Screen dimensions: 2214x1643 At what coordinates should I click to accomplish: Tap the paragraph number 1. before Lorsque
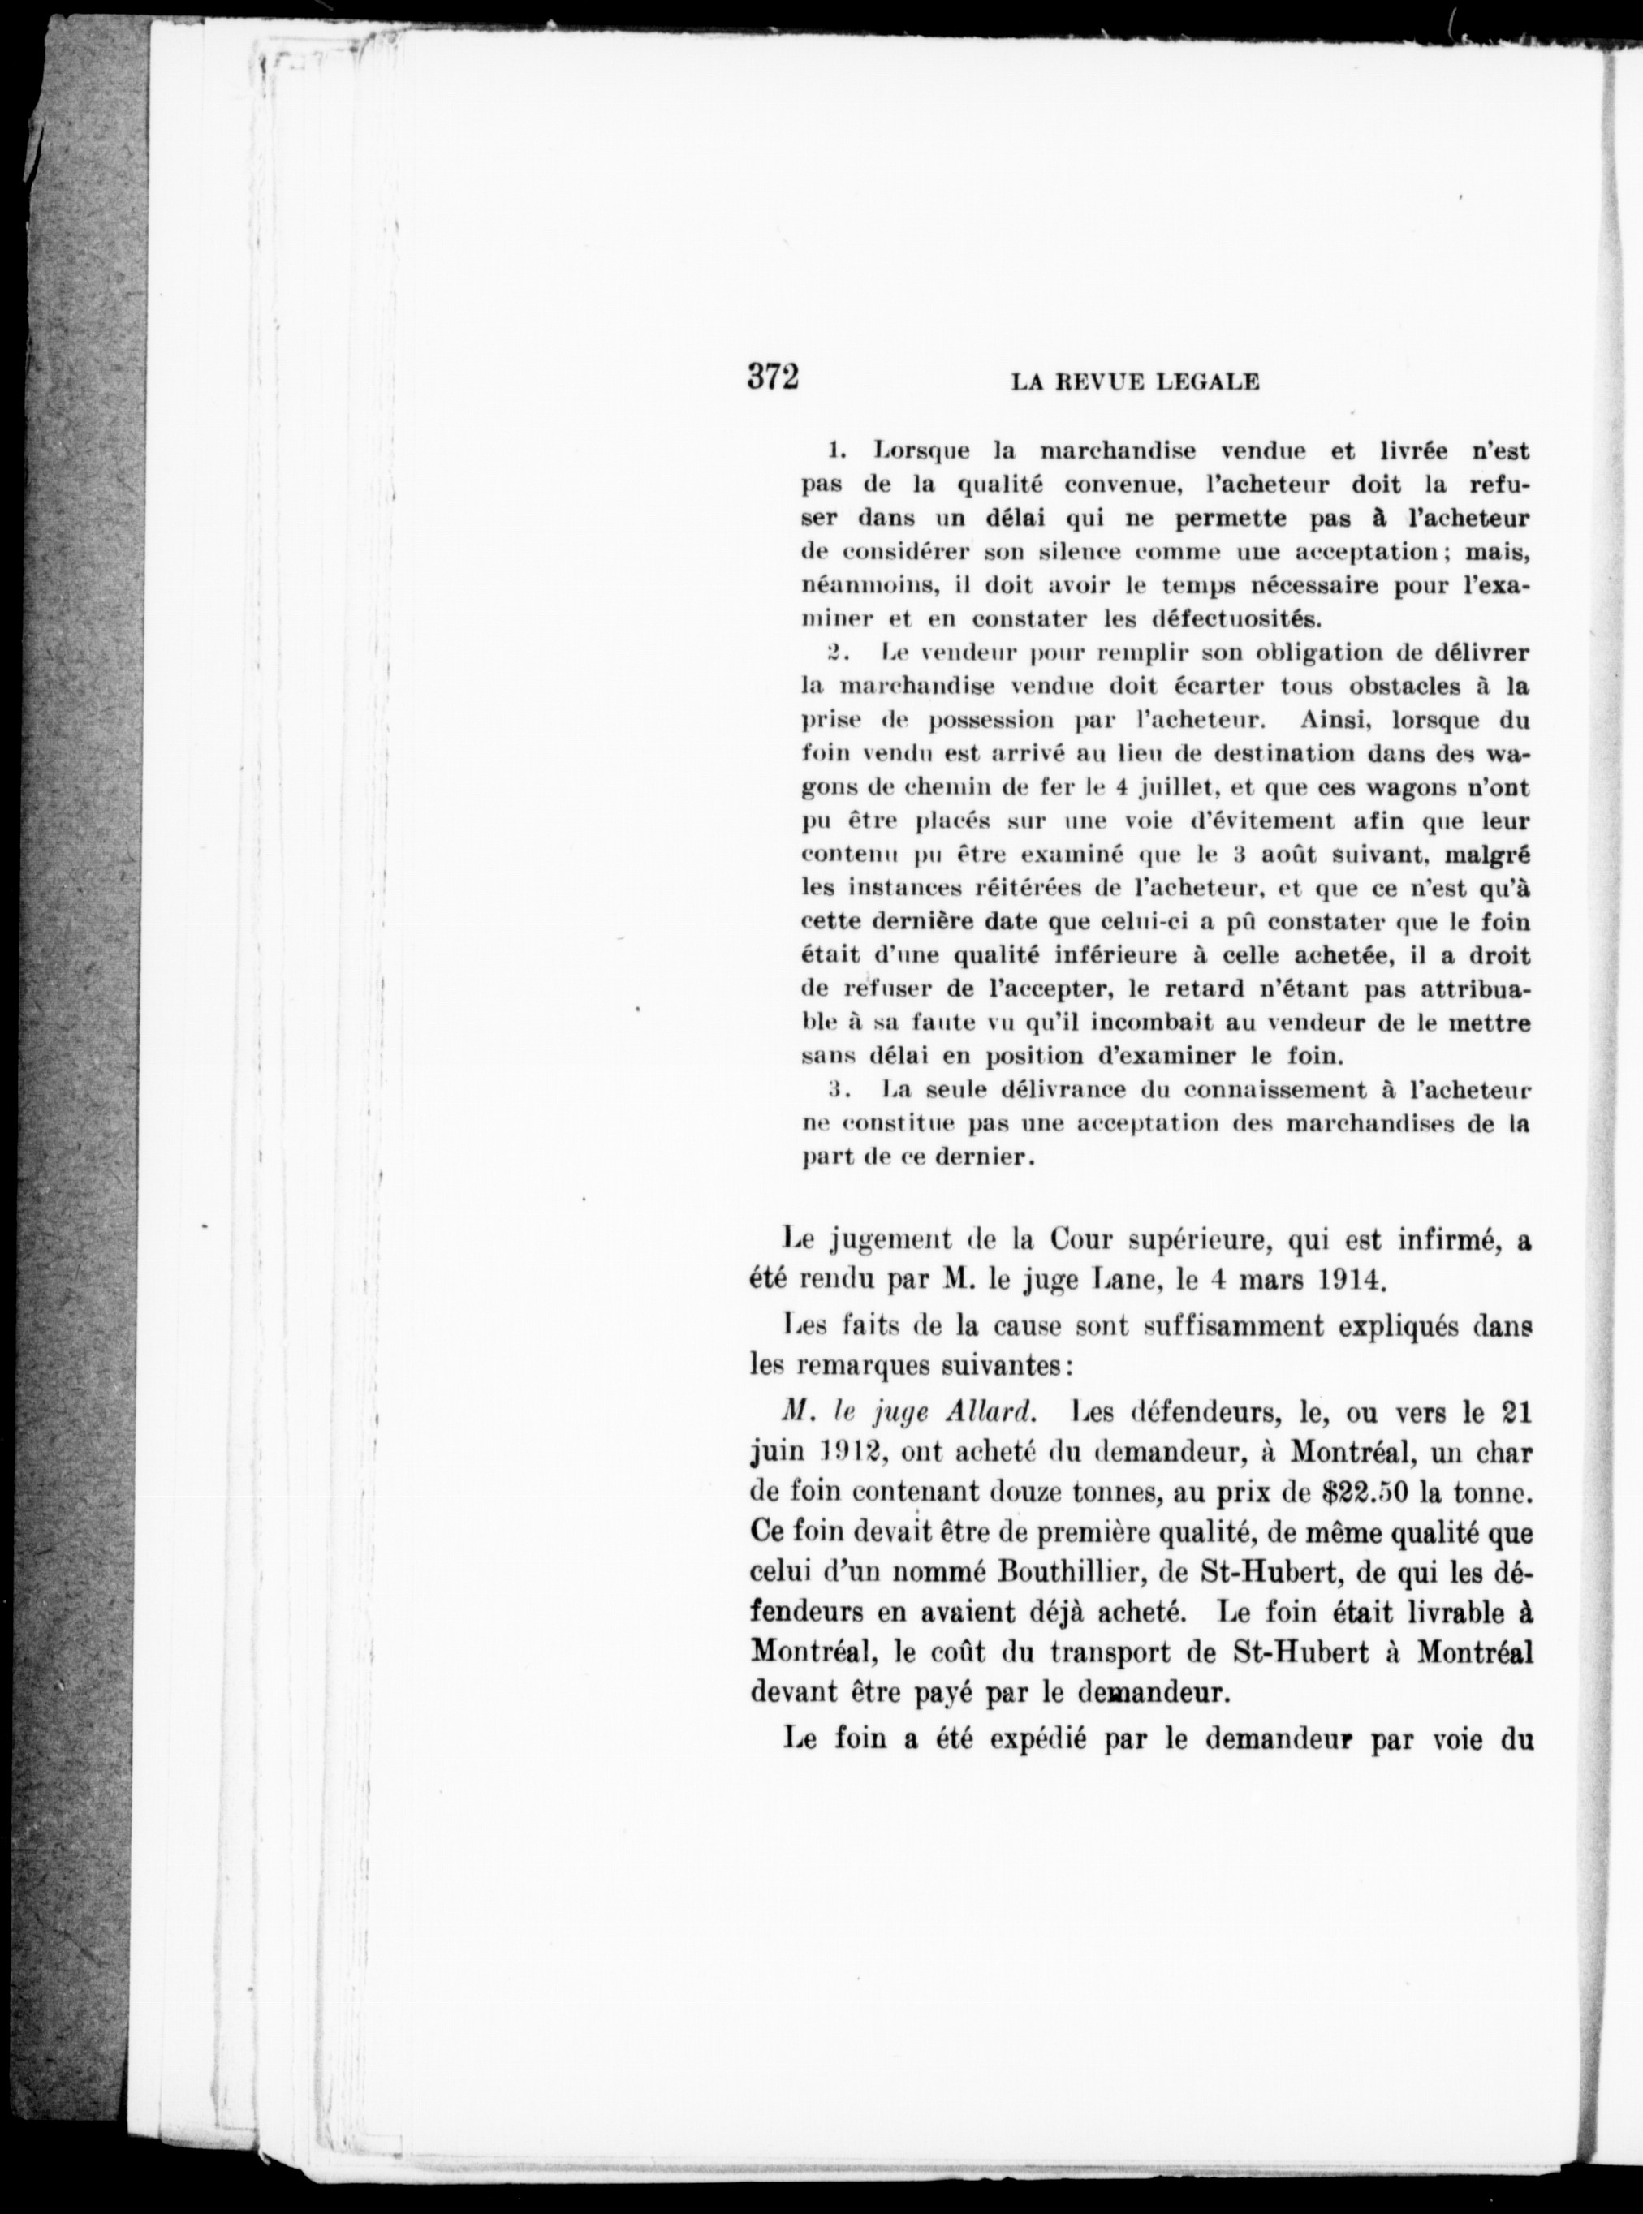click(x=836, y=451)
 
